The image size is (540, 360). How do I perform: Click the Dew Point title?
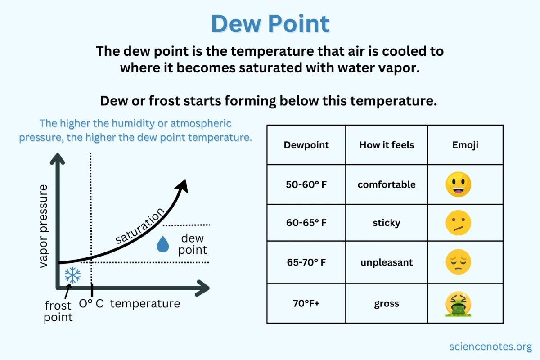(270, 23)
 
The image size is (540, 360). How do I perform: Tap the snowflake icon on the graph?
(72, 275)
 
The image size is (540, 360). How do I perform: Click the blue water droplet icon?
(162, 244)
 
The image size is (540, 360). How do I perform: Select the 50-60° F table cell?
(306, 184)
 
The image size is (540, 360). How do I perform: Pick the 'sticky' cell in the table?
(387, 223)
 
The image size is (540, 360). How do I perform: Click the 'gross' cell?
(387, 303)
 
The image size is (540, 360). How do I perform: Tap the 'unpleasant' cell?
(387, 262)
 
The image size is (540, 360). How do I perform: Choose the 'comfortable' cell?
(387, 184)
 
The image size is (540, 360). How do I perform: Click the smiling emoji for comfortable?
(458, 184)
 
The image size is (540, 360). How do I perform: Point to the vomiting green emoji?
(458, 304)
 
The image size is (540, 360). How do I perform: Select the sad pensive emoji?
(458, 262)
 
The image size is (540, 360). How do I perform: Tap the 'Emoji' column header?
(465, 145)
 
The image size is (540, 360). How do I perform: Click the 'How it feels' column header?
(387, 145)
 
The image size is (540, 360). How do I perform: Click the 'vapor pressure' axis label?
(44, 225)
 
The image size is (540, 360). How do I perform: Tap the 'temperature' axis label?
(145, 304)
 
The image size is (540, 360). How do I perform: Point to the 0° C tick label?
(91, 304)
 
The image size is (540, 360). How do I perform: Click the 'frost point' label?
(58, 311)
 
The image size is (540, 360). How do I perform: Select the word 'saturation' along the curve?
(139, 226)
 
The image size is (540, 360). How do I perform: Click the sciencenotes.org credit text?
(490, 346)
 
